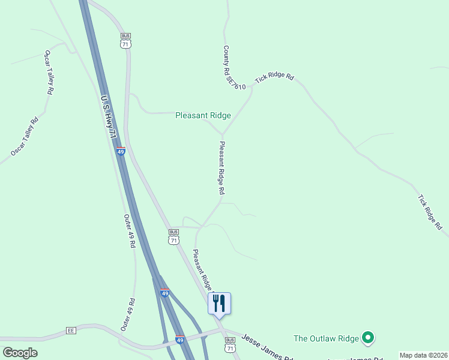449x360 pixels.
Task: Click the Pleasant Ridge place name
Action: point(203,115)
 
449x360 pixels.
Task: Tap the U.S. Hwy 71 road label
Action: point(108,117)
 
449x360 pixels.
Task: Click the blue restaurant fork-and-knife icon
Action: point(219,302)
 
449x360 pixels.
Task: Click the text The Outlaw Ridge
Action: point(325,338)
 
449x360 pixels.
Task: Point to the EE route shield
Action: point(71,331)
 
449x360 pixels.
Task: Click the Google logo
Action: point(20,352)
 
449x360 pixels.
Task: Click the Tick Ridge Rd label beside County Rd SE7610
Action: point(274,78)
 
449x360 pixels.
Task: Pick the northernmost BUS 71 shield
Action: point(125,40)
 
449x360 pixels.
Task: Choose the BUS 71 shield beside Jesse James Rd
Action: point(229,344)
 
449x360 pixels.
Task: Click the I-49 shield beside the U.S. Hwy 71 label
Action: point(121,152)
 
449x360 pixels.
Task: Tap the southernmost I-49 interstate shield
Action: point(179,340)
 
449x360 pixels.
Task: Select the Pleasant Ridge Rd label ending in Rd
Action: point(221,167)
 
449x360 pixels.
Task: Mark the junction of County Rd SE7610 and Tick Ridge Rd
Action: point(253,86)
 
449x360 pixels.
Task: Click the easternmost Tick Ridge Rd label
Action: point(430,212)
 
